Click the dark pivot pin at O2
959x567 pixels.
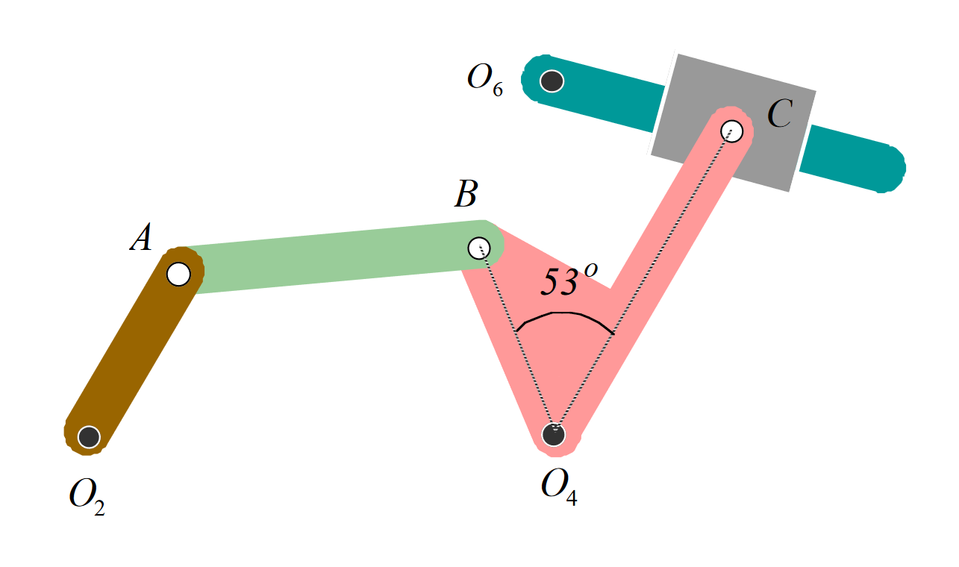(89, 436)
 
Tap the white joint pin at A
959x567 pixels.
(178, 274)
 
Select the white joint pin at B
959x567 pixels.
(479, 247)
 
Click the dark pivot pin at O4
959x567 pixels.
(553, 433)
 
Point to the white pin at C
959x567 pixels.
(732, 131)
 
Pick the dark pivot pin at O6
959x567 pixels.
(552, 80)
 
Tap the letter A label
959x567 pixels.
(141, 239)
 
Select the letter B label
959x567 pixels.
(466, 195)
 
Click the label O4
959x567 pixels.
(558, 487)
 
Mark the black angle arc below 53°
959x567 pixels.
(564, 314)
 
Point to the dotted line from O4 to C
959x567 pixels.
(642, 283)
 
